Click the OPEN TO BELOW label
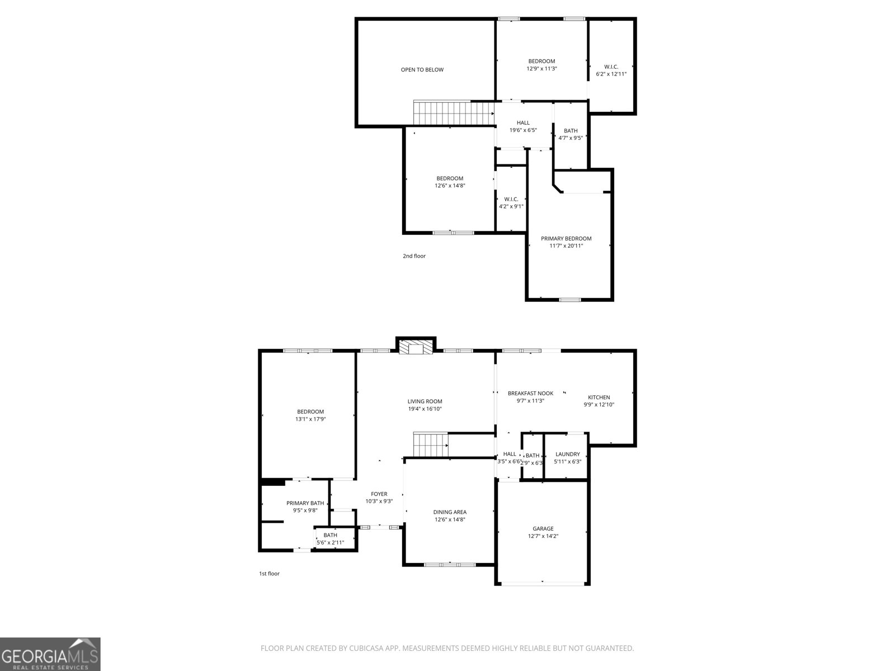(x=422, y=70)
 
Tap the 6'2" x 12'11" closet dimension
(x=611, y=74)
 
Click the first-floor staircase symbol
(x=430, y=445)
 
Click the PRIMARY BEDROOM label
(x=566, y=239)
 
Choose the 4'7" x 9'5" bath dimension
(x=571, y=138)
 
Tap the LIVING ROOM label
(x=425, y=401)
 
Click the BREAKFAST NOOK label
(x=530, y=394)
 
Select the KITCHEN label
(x=599, y=398)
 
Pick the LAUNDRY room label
(x=567, y=455)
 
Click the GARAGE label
(x=543, y=528)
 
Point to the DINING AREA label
(x=450, y=512)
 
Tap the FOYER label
(x=379, y=494)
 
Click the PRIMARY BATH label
(x=305, y=503)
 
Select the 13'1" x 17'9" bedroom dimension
(x=310, y=419)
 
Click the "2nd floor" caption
(x=414, y=256)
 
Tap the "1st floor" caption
(x=268, y=574)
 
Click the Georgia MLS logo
(x=50, y=654)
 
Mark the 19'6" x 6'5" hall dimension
(x=523, y=130)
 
